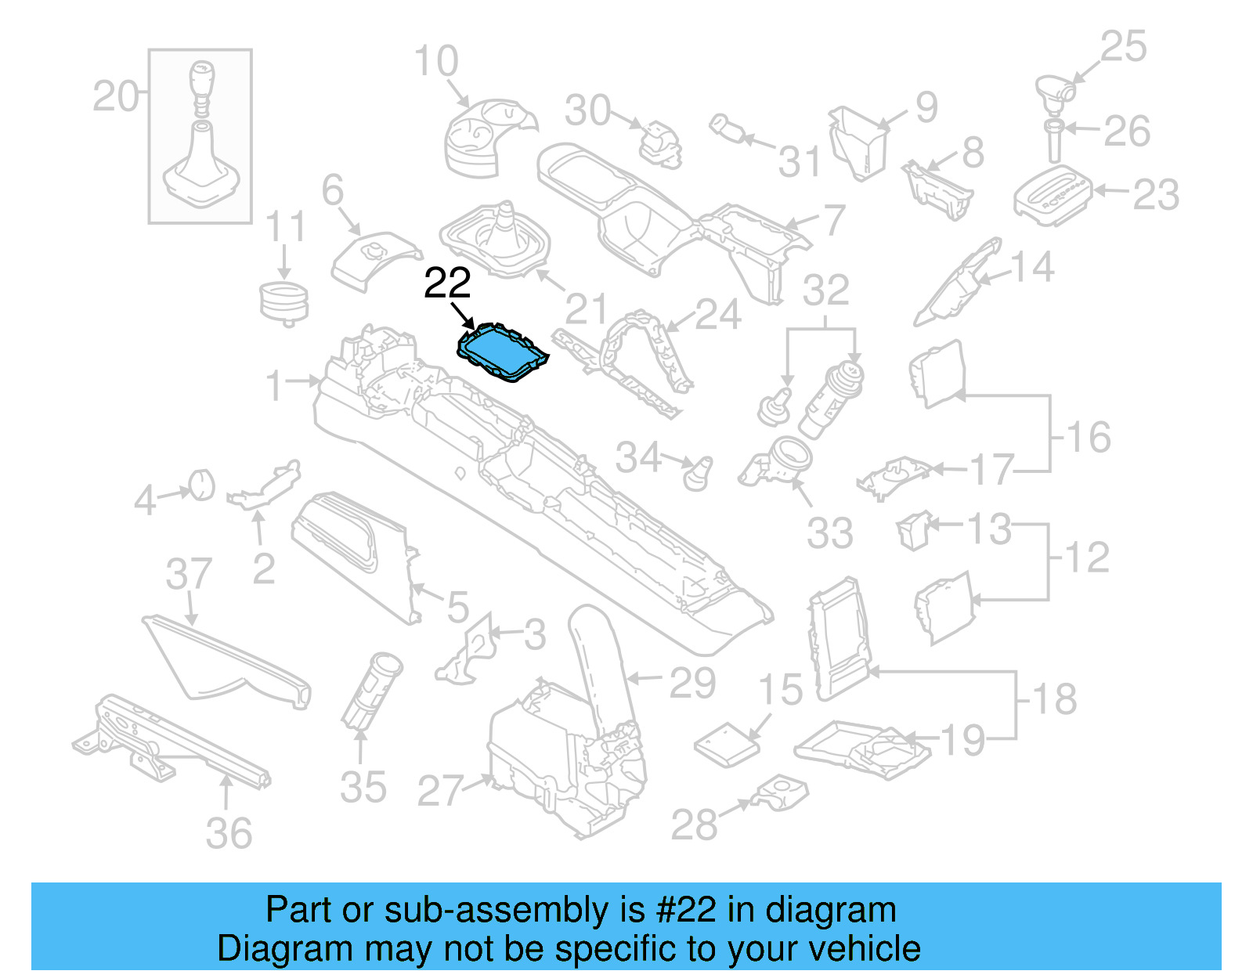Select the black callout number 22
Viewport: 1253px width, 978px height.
point(447,283)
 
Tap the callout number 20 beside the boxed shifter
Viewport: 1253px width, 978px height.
point(115,97)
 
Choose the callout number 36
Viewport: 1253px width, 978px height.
point(229,833)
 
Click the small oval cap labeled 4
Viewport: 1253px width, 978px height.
point(202,485)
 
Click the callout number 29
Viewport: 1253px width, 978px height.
point(692,683)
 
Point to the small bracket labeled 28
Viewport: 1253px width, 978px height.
point(779,794)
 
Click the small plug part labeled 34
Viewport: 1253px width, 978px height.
point(698,472)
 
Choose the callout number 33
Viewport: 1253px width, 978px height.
point(829,533)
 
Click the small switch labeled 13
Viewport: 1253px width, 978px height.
point(914,530)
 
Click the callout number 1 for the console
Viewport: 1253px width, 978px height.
point(273,385)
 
